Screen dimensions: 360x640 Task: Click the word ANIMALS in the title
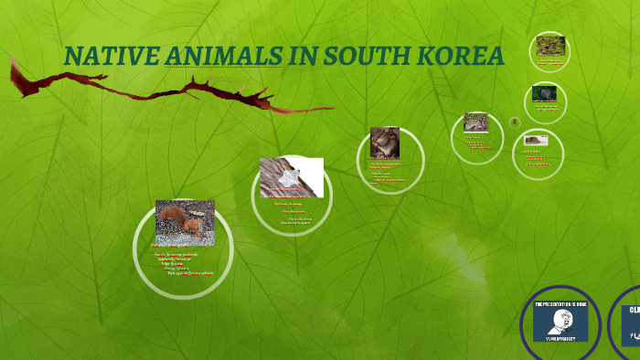(223, 57)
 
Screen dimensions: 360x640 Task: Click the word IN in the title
(300, 57)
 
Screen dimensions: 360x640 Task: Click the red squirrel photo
(185, 222)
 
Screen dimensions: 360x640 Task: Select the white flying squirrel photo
(291, 176)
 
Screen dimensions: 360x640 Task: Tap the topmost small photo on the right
(550, 46)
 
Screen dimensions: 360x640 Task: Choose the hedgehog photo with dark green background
(545, 93)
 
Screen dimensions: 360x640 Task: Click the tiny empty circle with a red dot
(515, 122)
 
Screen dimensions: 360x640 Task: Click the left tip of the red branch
(13, 62)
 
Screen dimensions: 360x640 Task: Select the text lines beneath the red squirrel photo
(183, 262)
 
